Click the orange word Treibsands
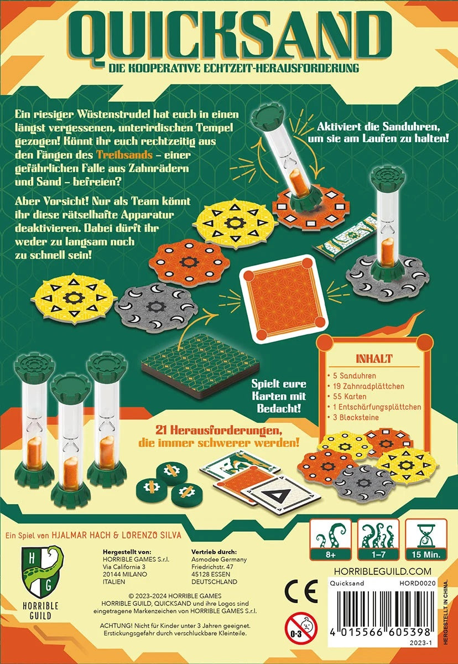(x=124, y=155)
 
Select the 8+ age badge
(x=330, y=539)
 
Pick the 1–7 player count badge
(x=378, y=539)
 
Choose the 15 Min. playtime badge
(x=426, y=539)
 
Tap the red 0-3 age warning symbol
(x=301, y=628)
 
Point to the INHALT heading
(x=374, y=359)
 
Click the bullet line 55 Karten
(x=347, y=396)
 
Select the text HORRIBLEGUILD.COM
(x=382, y=571)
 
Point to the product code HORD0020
(x=417, y=583)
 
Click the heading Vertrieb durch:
(x=214, y=552)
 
